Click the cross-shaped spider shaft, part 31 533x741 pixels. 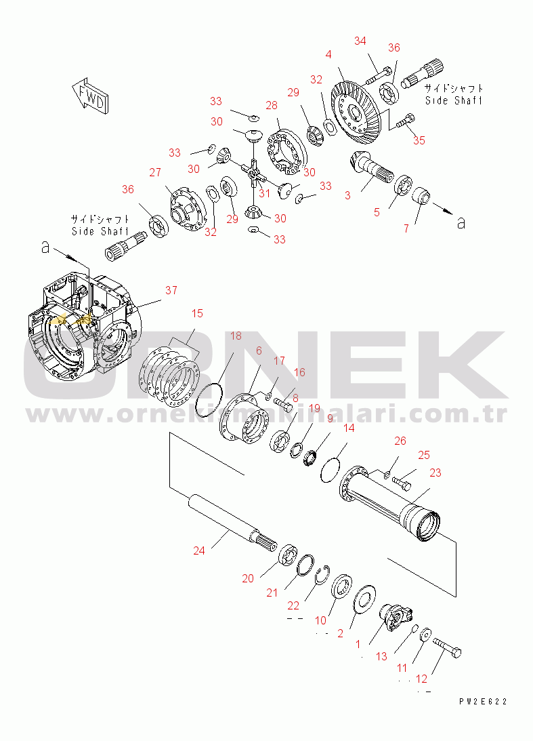pyautogui.click(x=252, y=173)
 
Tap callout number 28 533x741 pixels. pyautogui.click(x=271, y=106)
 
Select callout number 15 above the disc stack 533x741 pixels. pyautogui.click(x=196, y=313)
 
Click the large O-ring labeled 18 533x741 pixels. pyautogui.click(x=209, y=401)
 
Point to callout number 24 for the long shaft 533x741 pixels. pyautogui.click(x=198, y=550)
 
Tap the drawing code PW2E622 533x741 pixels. pyautogui.click(x=482, y=702)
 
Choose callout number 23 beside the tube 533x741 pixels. pyautogui.click(x=435, y=473)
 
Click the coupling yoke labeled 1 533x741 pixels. pyautogui.click(x=396, y=617)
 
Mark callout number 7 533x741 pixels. pyautogui.click(x=406, y=228)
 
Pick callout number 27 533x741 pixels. pyautogui.click(x=155, y=172)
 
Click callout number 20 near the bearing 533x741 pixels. pyautogui.click(x=248, y=578)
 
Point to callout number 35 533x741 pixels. pyautogui.click(x=419, y=140)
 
